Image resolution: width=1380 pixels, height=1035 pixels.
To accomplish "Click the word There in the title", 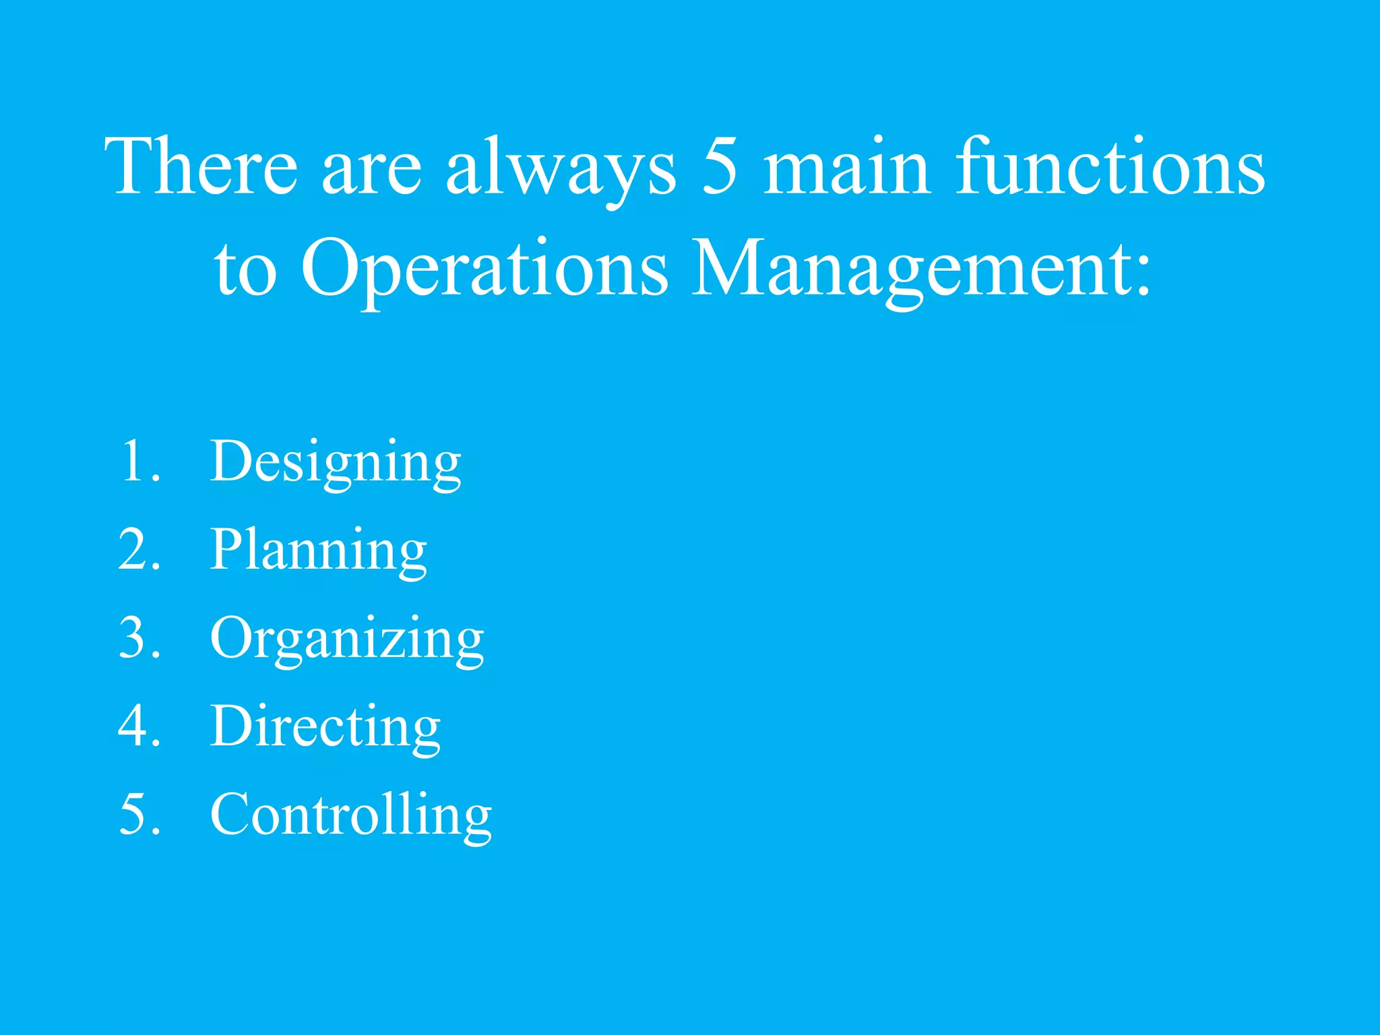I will click(201, 166).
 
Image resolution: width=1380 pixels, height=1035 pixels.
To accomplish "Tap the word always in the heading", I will click(561, 168).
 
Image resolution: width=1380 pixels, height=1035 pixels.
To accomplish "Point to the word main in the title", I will click(848, 166).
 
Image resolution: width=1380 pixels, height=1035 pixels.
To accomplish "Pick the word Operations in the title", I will click(484, 270).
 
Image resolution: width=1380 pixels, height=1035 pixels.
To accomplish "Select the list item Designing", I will click(336, 462).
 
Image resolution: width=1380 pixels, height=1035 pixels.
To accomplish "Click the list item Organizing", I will click(347, 639).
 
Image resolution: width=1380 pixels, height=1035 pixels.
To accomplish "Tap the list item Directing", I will click(325, 726).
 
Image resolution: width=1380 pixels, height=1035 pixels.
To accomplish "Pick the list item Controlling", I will click(351, 815).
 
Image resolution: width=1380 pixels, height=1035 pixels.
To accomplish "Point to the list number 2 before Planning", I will click(133, 549).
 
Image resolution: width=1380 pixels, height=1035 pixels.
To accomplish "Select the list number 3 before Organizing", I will click(133, 637).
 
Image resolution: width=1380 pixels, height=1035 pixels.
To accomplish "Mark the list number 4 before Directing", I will click(133, 726).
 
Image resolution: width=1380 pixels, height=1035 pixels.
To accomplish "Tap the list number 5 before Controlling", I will click(133, 814).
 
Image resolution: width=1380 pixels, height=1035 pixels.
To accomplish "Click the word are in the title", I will click(371, 172).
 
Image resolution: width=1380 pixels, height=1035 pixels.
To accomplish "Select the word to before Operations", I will click(245, 273).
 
